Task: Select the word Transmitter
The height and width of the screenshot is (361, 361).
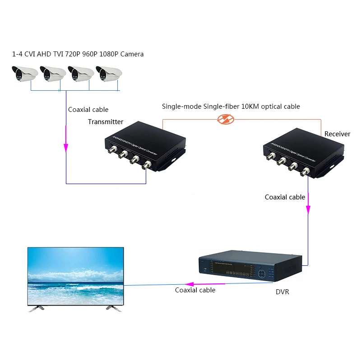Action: click(x=106, y=122)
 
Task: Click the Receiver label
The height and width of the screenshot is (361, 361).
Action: click(x=337, y=134)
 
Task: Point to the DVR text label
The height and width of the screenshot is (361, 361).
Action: click(x=282, y=292)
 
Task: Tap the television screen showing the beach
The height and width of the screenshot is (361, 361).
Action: click(x=75, y=275)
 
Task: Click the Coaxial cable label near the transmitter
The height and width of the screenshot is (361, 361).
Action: click(x=88, y=110)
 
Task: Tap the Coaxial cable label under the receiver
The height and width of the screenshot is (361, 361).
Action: click(x=285, y=197)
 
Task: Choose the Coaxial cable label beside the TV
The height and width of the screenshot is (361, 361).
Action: click(x=195, y=290)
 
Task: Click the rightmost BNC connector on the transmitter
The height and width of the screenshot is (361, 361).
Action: click(x=146, y=166)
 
